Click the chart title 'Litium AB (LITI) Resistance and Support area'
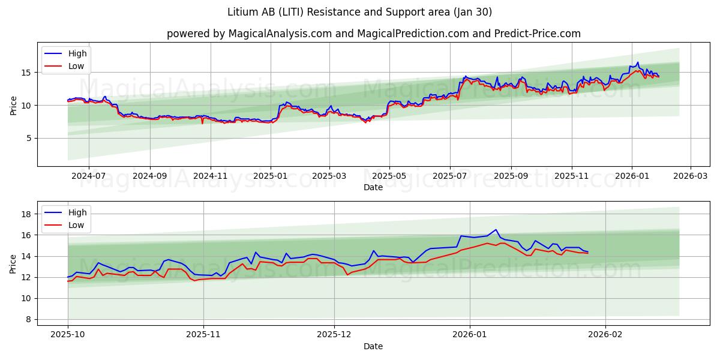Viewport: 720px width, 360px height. (x=360, y=12)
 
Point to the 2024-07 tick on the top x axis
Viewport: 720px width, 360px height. (x=89, y=177)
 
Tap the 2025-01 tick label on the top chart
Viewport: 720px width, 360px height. (x=271, y=177)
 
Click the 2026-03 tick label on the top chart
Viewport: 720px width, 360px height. (x=690, y=177)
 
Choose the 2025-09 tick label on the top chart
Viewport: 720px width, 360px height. (x=511, y=177)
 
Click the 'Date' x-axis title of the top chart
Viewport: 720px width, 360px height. (x=373, y=188)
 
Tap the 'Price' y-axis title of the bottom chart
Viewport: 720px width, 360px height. (x=13, y=264)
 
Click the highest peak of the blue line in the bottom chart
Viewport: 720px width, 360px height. (x=496, y=230)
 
